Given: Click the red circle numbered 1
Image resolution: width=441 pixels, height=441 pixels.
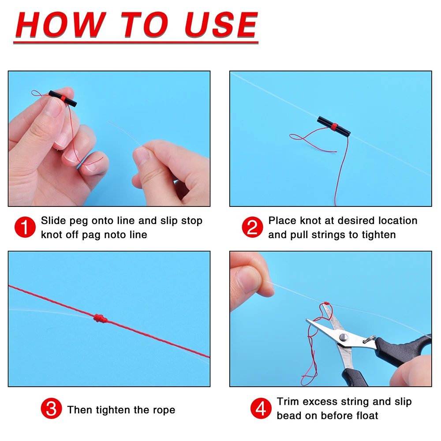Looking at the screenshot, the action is (25, 227).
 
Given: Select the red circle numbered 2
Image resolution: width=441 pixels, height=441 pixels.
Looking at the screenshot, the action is (252, 227).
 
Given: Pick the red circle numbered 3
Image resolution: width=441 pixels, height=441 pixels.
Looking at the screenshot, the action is (51, 408).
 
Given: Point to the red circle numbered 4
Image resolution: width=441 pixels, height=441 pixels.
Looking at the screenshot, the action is (261, 408).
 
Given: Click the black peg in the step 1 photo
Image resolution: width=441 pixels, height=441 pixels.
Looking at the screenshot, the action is (63, 98).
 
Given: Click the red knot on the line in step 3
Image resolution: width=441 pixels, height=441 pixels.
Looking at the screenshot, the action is (101, 318).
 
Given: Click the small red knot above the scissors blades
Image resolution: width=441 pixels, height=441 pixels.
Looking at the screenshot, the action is (326, 303).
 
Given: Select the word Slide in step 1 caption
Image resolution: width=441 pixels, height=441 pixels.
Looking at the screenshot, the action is (53, 221).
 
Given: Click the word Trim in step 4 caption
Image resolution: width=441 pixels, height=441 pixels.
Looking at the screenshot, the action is (288, 401).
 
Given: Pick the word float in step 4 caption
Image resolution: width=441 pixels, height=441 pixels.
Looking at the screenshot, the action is (367, 415).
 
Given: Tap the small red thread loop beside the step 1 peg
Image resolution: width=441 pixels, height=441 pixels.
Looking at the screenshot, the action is (37, 93).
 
